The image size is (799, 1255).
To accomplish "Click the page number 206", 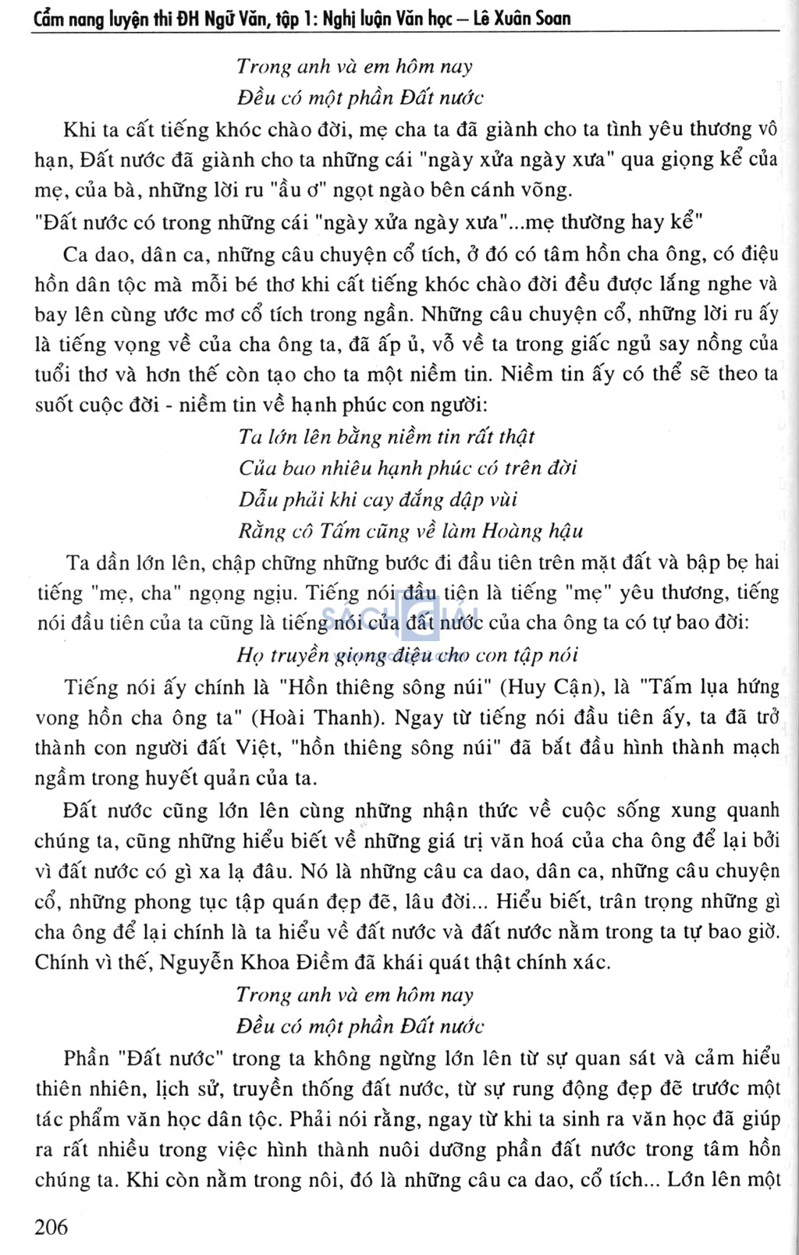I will pos(51,1226).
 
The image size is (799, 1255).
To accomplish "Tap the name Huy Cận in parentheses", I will pos(541,687).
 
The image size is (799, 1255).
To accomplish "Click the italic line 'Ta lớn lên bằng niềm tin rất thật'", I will pos(386,437).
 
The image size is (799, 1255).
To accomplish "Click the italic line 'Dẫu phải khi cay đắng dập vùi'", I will pos(378,499).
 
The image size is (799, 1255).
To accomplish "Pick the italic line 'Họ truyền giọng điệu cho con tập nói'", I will pos(407,655).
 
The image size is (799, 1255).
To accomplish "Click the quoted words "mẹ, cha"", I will pos(134,593).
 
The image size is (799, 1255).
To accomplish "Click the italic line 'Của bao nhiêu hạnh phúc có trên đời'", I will pos(407,468).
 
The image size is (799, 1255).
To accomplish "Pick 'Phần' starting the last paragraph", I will pos(87,1058).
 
